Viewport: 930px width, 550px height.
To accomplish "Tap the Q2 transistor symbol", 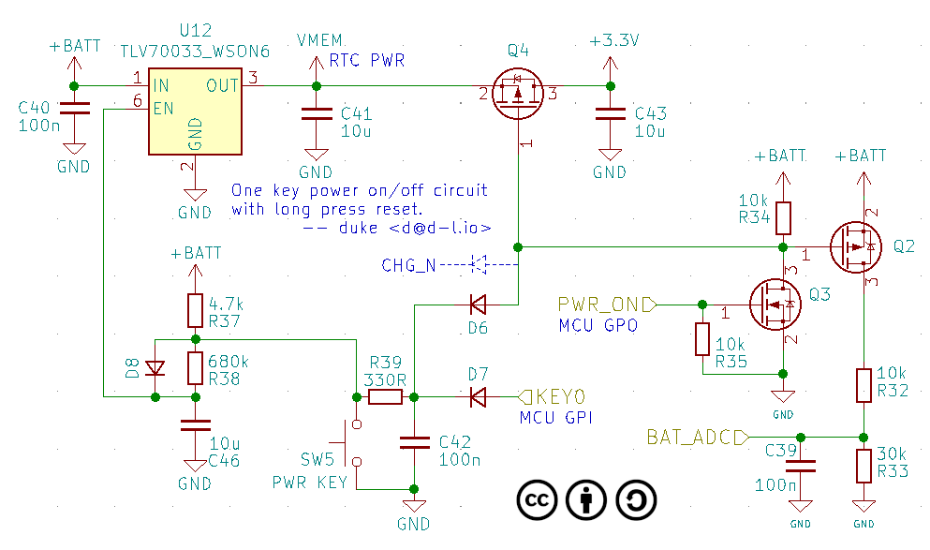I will pos(855,246).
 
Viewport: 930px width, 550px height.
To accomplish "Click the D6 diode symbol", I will pos(478,305).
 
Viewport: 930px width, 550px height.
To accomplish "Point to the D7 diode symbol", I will pos(478,397).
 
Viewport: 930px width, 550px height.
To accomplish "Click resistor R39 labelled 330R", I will pos(385,397).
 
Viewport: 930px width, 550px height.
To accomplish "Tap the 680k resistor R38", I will pos(195,368).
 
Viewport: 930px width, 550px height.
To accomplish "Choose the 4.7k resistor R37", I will pos(195,308).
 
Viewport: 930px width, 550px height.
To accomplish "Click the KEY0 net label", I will pos(558,397).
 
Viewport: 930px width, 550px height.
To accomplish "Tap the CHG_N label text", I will pos(407,265).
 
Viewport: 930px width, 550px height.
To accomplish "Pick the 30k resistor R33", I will pos(863,465).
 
